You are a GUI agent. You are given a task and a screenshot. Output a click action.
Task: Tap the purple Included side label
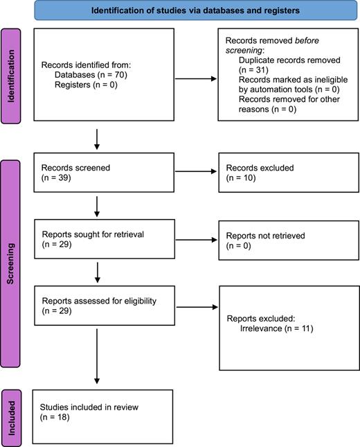pyautogui.click(x=11, y=415)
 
